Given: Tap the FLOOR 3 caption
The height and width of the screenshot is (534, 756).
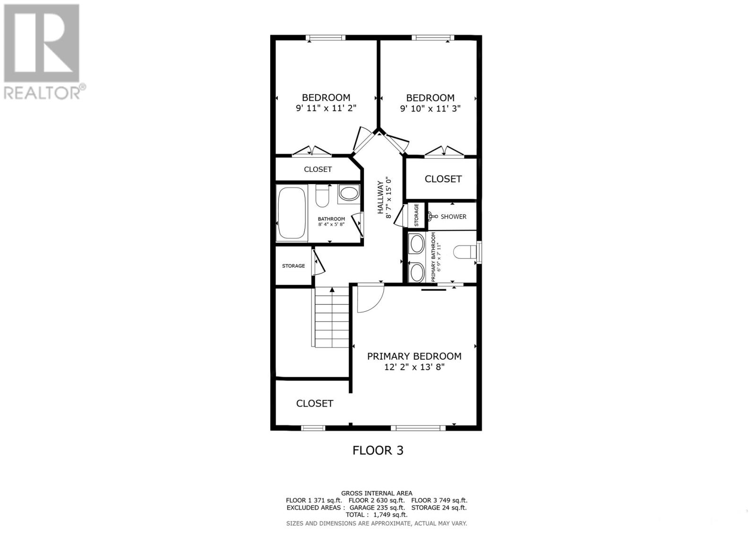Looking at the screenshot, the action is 378,450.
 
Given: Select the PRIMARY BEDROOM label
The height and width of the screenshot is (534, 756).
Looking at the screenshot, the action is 414,356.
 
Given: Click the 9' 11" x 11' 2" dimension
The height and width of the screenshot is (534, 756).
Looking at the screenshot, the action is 326,108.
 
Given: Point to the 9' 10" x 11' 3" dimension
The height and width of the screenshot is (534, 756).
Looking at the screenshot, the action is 430,109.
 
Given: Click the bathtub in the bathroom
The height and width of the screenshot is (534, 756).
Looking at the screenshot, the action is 292,213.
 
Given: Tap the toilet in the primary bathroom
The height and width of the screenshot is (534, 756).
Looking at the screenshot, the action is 465,252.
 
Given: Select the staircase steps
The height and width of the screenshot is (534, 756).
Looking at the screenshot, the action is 332,319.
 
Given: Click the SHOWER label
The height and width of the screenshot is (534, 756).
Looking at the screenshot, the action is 453,217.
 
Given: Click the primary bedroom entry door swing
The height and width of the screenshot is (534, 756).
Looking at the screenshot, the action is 369,298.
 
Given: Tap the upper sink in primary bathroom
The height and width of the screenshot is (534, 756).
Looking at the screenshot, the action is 416,244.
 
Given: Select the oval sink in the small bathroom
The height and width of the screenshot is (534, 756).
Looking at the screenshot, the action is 349,194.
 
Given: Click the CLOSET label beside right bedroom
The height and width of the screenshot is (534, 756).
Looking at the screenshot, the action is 443,179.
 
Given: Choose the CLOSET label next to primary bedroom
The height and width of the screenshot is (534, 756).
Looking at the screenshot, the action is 315,403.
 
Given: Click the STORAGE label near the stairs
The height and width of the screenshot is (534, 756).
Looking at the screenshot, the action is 293,266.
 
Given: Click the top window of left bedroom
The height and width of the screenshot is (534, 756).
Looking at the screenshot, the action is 326,38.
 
